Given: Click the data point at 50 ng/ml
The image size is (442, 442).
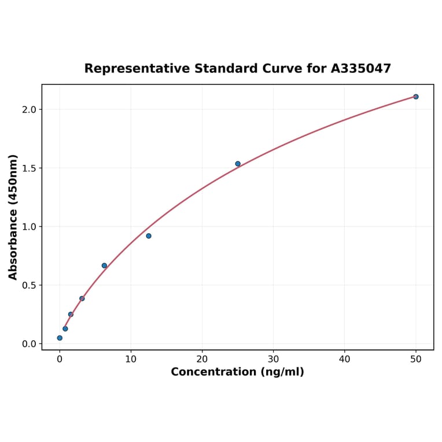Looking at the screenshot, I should pos(416,97).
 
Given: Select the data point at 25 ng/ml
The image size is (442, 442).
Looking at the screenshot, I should pos(238,164).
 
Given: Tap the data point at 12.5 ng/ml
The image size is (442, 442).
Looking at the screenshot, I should pos(149,236).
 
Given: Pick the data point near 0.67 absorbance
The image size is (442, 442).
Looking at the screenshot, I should pos(104,266).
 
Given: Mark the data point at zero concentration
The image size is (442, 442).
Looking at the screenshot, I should pos(60,338).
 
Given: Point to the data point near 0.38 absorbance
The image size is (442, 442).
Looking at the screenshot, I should pos(82,299).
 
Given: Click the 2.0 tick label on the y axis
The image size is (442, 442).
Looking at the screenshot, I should pos(28,110).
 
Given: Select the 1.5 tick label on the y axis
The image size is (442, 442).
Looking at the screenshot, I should pos(28,168).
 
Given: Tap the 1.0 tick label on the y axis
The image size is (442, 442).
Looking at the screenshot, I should pos(28,227).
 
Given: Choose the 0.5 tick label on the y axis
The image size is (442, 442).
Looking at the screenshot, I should pos(28,285).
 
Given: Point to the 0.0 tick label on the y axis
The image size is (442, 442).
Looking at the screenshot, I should pos(28,344).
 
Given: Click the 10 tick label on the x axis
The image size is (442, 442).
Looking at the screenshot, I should pos(131,359).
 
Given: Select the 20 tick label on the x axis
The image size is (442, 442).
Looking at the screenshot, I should pos(202,359).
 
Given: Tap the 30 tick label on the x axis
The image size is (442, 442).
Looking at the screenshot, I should pos(274,359).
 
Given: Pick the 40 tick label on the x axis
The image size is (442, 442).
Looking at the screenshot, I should pos(345,359).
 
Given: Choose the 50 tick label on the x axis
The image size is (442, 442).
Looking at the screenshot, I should pos(416,359).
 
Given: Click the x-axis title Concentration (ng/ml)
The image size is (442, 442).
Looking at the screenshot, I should pos(237,372).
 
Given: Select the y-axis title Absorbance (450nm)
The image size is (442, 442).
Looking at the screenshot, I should pos(13,217).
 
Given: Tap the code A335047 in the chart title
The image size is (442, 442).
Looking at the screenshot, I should pos(361,69).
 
